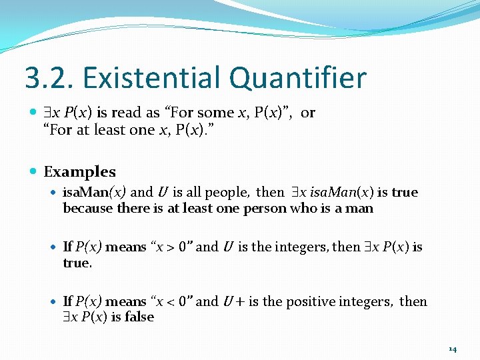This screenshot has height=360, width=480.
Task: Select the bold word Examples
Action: [x=79, y=172]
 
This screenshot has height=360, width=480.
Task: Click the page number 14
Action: [x=453, y=349]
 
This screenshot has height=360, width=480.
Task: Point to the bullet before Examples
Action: [x=33, y=172]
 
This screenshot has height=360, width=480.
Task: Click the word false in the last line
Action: [x=139, y=317]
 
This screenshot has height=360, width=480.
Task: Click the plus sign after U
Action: [x=237, y=302]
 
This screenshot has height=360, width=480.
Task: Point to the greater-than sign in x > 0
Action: [x=170, y=247]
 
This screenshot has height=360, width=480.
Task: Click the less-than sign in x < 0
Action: [x=170, y=302]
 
